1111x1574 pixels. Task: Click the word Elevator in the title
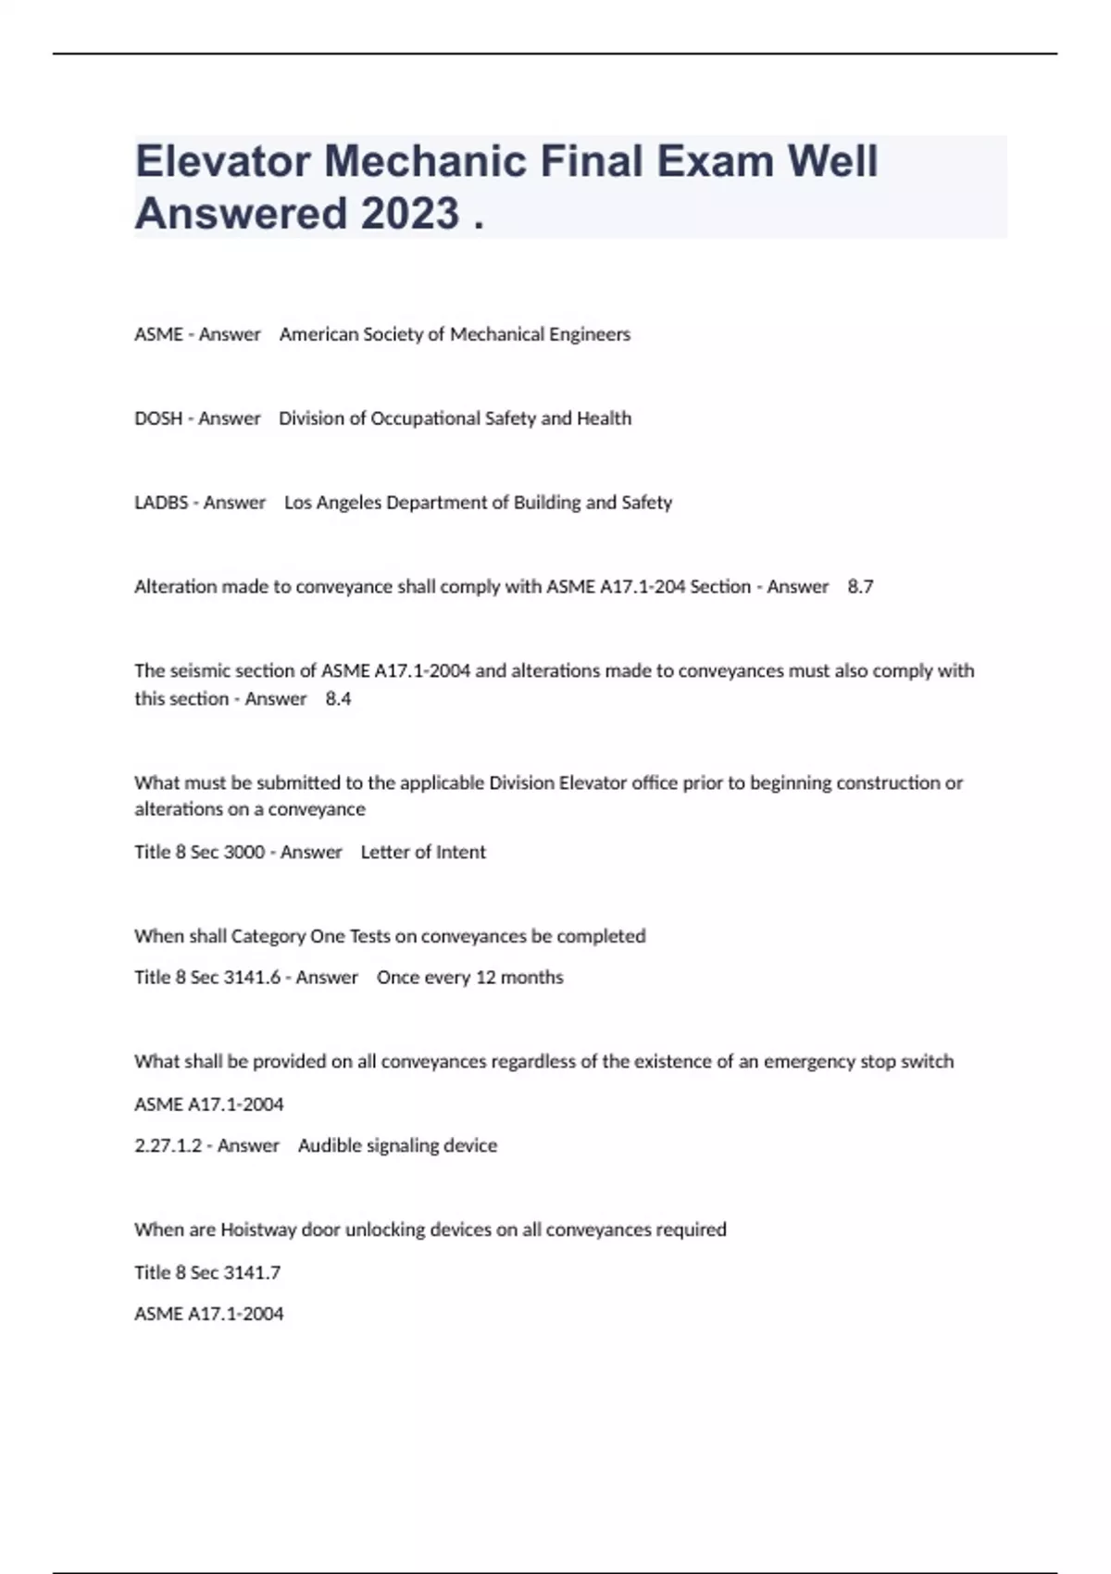coord(222,161)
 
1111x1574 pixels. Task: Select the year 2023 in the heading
coord(409,213)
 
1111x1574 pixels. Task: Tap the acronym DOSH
coord(158,418)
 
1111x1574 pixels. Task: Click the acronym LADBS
coord(161,503)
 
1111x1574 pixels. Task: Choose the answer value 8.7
coord(860,587)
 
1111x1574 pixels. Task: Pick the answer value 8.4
coord(338,699)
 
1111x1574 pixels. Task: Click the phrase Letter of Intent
coord(423,852)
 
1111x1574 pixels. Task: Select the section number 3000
coord(244,852)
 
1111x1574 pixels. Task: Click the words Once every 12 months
coord(469,978)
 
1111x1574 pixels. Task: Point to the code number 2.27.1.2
coord(168,1145)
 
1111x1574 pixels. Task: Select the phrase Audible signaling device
coord(397,1145)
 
